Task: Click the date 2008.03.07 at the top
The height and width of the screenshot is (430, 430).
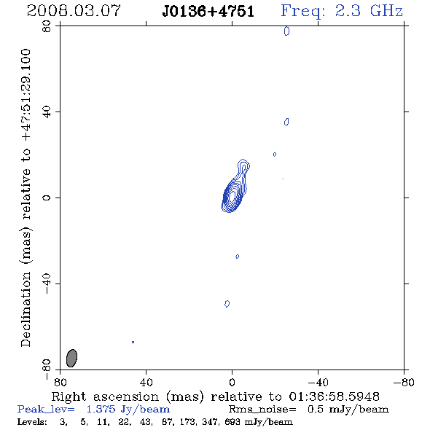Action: point(74,11)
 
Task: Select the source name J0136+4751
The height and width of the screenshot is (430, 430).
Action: point(208,12)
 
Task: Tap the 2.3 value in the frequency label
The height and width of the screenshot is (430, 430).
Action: point(348,11)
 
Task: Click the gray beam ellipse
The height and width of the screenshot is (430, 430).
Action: point(72,358)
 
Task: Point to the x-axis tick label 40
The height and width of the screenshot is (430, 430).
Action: point(146,382)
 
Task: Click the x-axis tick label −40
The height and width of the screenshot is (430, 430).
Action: point(318,382)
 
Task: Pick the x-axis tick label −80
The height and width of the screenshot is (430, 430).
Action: point(404,382)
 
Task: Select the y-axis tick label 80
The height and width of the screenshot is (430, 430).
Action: point(47,26)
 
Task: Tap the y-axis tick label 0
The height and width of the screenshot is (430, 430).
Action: point(47,198)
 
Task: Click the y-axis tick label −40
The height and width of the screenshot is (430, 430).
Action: point(47,284)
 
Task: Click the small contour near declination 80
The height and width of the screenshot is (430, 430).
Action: point(286,31)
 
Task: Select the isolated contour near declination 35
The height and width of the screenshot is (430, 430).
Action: point(286,122)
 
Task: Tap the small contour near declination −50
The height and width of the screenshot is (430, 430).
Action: point(227,304)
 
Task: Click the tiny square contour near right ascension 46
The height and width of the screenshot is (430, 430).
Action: point(133,342)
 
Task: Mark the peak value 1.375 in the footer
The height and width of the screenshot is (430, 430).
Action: point(101,409)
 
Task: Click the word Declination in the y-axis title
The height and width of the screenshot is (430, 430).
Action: point(26,309)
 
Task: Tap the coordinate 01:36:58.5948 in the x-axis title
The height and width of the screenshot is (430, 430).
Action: point(335,396)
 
